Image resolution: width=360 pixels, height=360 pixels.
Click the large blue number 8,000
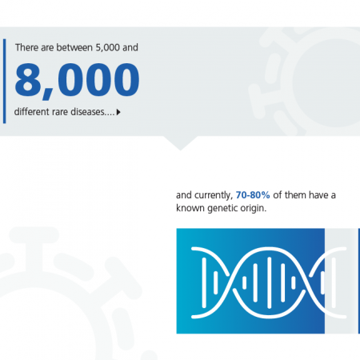click(77, 81)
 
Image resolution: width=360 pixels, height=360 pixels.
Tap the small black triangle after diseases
click(118, 112)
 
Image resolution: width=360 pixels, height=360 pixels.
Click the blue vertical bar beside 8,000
click(4, 82)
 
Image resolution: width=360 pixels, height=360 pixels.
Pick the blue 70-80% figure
click(253, 195)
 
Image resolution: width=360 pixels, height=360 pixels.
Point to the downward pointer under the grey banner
click(180, 143)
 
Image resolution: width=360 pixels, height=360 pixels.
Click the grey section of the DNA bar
click(342, 281)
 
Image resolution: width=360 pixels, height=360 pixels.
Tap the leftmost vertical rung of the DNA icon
click(204, 282)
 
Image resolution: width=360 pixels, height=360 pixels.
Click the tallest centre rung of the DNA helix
click(269, 282)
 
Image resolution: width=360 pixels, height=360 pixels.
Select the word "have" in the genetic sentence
click(318, 195)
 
